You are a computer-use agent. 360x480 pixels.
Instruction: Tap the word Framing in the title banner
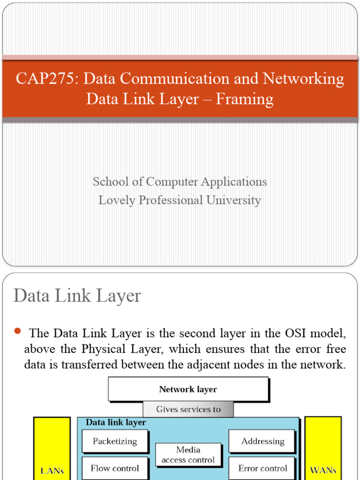tap(244, 99)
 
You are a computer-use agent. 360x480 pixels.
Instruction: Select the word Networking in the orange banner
tap(303, 79)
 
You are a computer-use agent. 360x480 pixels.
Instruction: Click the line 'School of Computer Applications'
tap(180, 181)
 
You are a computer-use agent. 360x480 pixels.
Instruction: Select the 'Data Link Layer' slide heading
tap(77, 296)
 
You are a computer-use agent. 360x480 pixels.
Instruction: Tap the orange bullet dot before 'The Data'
tap(18, 331)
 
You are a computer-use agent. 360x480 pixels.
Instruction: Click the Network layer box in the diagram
tap(188, 389)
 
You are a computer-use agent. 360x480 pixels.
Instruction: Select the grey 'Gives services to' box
tap(188, 409)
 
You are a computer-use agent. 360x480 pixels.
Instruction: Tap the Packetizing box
tap(115, 441)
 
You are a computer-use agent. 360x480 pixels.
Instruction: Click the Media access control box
tap(188, 455)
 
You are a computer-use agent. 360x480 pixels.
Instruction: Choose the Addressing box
tap(262, 441)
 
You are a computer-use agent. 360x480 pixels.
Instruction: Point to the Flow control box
tap(115, 468)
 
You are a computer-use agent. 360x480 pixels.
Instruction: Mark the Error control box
tap(262, 468)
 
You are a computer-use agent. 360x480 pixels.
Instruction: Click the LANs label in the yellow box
tap(52, 470)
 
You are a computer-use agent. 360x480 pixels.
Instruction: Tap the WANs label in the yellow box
tap(323, 470)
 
